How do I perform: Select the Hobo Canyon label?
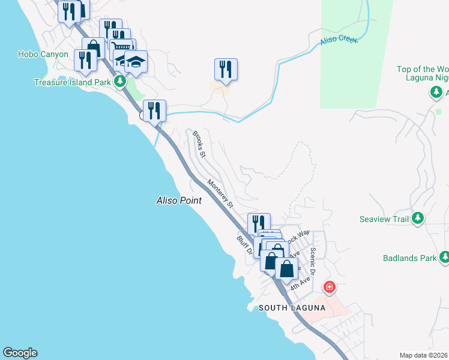(43, 54)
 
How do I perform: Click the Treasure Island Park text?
(73, 82)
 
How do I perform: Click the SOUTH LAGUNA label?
(292, 308)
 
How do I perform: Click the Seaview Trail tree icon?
(418, 218)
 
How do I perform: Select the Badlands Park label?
(409, 259)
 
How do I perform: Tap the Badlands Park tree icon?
(444, 258)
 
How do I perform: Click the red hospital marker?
(329, 287)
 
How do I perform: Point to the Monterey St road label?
(220, 193)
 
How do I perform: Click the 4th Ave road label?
(300, 283)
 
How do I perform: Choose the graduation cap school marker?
(136, 61)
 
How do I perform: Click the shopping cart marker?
(122, 48)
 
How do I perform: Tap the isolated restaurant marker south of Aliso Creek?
(226, 68)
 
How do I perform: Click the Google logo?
(20, 353)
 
